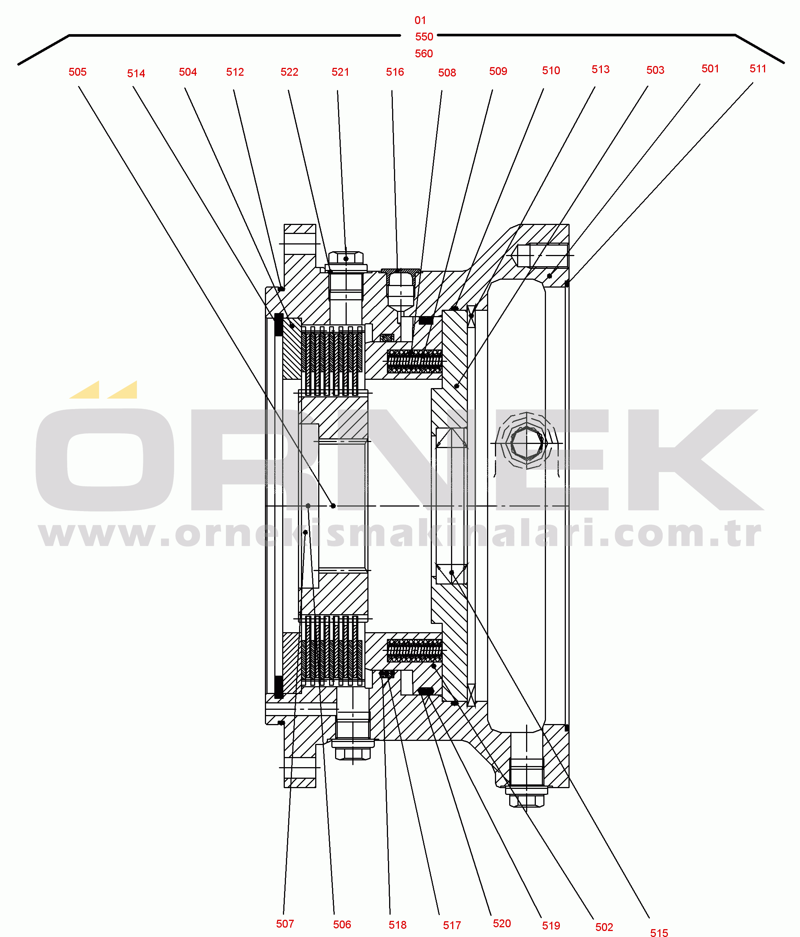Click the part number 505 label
77,72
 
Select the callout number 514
136,73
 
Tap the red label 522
289,72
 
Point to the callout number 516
395,72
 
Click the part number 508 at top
447,73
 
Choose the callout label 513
600,69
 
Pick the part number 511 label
758,69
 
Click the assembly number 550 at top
424,37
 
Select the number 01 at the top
420,20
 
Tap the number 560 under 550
424,53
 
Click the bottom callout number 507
285,924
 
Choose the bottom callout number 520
502,924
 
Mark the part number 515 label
659,933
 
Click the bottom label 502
604,927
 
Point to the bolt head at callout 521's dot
346,259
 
